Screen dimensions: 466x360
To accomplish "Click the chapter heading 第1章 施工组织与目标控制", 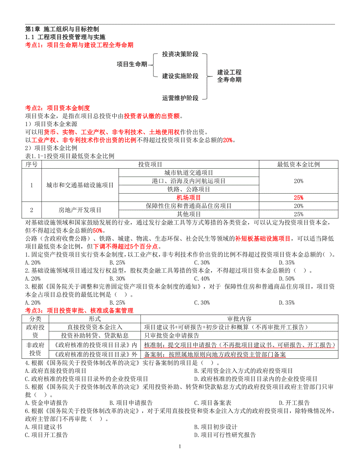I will click(62, 29).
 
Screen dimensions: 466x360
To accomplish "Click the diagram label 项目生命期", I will click(132, 64).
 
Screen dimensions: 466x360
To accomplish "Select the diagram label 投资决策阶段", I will click(180, 54).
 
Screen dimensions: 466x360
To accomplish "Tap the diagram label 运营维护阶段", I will click(180, 98).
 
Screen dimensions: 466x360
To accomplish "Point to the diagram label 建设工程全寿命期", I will click(229, 76).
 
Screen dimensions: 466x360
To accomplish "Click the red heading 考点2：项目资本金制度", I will click(58, 108).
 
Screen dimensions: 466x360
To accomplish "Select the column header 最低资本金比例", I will click(298, 164).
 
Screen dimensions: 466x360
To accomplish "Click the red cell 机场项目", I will click(189, 198).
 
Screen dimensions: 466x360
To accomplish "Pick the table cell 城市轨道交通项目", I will click(189, 173).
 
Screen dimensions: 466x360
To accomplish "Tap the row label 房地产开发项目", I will click(80, 210).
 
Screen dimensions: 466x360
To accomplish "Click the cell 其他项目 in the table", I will click(189, 214).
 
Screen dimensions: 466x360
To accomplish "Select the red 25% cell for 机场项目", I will click(298, 198).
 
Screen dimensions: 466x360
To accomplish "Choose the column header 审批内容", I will click(239, 319).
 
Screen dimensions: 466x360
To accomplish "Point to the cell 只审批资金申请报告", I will click(171, 335).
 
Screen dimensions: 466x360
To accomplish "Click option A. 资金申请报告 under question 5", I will click(46, 403).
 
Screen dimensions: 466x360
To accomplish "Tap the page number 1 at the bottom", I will click(180, 446).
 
